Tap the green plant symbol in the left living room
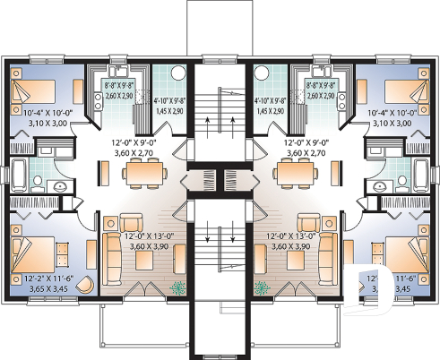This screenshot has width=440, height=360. [x=177, y=288]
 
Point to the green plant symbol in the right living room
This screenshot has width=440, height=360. [x=263, y=288]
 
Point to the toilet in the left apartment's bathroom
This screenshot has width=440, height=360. [x=59, y=186]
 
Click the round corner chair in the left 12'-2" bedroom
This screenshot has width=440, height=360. [x=82, y=286]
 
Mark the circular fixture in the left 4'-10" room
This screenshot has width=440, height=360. [x=177, y=74]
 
